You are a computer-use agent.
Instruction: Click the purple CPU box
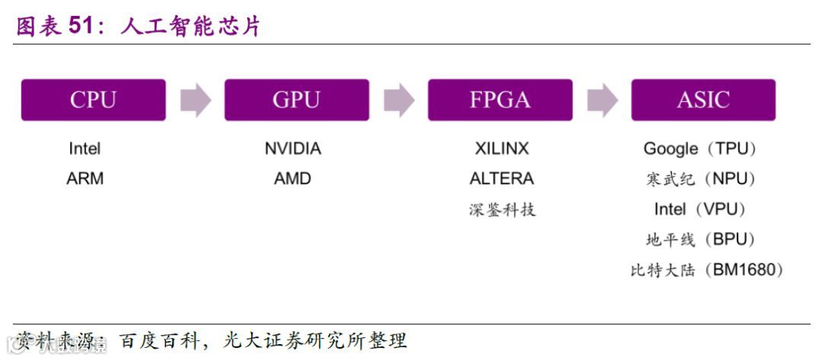tap(93, 100)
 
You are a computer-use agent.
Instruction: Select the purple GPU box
tap(296, 100)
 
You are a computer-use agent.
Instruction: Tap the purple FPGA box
tap(499, 100)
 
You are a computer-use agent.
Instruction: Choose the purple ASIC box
tap(703, 100)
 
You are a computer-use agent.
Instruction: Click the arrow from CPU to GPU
tap(195, 100)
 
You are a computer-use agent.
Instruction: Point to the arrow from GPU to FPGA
tap(398, 100)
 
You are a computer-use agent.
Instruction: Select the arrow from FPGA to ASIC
tap(602, 100)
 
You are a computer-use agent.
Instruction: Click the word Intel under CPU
tap(84, 149)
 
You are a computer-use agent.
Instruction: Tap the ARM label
tap(85, 179)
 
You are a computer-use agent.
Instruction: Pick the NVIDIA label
tap(293, 149)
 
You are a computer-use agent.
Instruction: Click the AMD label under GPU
tap(293, 179)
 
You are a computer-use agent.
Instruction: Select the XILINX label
tap(502, 149)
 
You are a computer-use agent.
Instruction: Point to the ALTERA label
tap(502, 179)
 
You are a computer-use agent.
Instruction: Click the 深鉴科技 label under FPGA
tap(502, 210)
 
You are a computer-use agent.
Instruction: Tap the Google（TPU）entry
tap(700, 149)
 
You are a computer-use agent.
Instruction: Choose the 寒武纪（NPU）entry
tap(700, 180)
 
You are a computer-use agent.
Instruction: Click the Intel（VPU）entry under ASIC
tap(700, 209)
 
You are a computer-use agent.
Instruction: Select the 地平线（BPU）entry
tap(700, 240)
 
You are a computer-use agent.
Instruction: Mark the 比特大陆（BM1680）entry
tap(707, 270)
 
